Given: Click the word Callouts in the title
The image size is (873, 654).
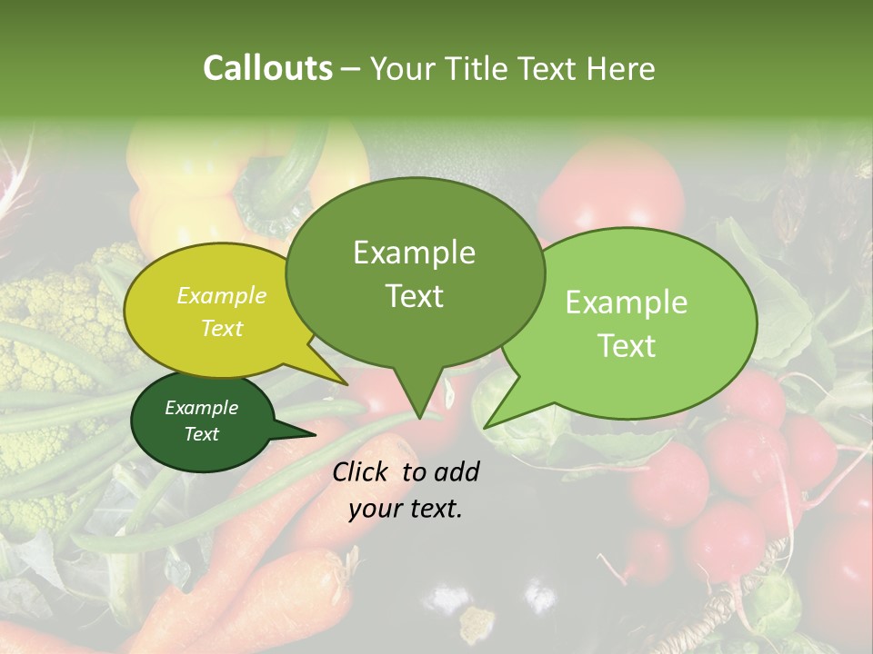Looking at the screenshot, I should tap(267, 68).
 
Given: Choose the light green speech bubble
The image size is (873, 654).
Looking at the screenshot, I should tap(627, 323).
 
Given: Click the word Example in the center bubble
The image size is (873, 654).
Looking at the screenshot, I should tap(414, 253).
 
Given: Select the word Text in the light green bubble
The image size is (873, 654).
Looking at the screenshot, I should tap(627, 346).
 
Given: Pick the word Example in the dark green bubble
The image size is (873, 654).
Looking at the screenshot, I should tap(201, 408).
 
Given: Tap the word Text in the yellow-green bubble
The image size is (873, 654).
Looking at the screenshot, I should tap(222, 328).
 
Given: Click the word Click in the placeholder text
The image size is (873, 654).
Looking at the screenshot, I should tap(362, 471).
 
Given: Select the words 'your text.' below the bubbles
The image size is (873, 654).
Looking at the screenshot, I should tap(406, 509).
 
